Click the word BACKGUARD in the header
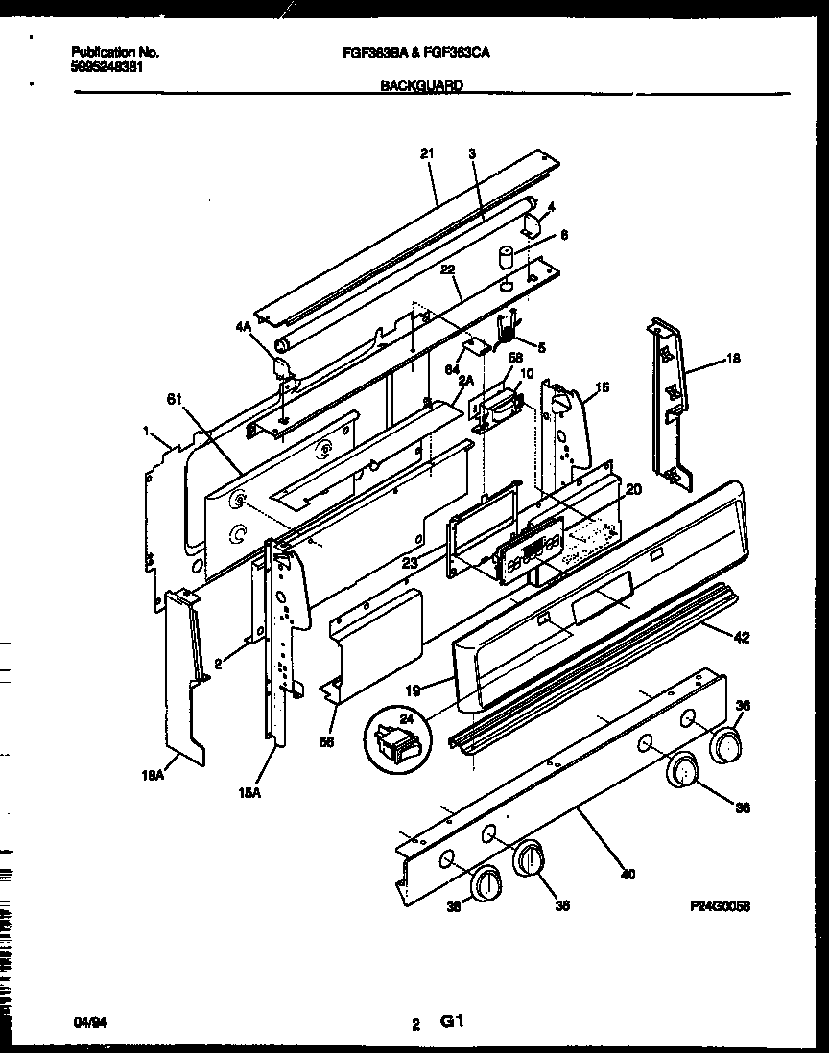pyautogui.click(x=421, y=85)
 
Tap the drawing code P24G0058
pyautogui.click(x=719, y=903)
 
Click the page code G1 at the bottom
pyautogui.click(x=452, y=1022)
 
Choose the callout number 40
pyautogui.click(x=628, y=873)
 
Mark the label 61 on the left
pyautogui.click(x=174, y=397)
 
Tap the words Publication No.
pyautogui.click(x=115, y=52)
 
